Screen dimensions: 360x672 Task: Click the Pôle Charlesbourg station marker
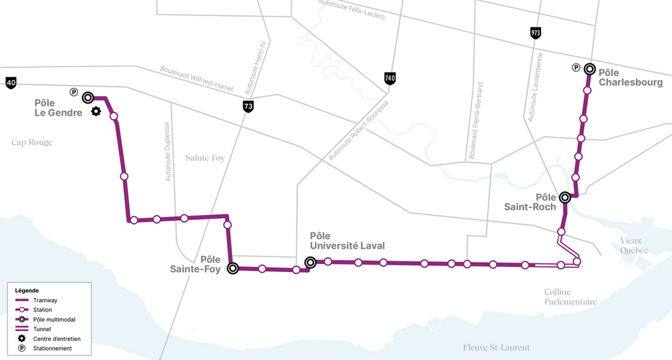[589, 69]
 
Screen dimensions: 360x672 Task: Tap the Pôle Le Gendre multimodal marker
[88, 97]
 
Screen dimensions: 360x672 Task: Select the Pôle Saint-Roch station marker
[565, 197]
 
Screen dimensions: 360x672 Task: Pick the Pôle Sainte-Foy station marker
[233, 269]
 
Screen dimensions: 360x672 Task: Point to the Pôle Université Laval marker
[310, 263]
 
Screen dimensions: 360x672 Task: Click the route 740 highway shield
[390, 78]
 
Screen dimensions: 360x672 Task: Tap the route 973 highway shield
[536, 33]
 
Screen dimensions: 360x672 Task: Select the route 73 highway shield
[249, 106]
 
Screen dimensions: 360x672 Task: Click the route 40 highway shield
[11, 83]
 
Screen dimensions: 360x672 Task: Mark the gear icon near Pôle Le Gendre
[96, 111]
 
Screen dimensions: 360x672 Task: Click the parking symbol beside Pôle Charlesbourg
[576, 67]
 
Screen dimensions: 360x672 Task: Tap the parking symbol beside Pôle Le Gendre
[74, 92]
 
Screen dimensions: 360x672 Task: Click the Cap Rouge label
[32, 142]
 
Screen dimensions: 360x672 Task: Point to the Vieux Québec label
[631, 245]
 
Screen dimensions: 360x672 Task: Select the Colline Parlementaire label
[571, 297]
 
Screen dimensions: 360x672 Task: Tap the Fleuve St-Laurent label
[497, 347]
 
